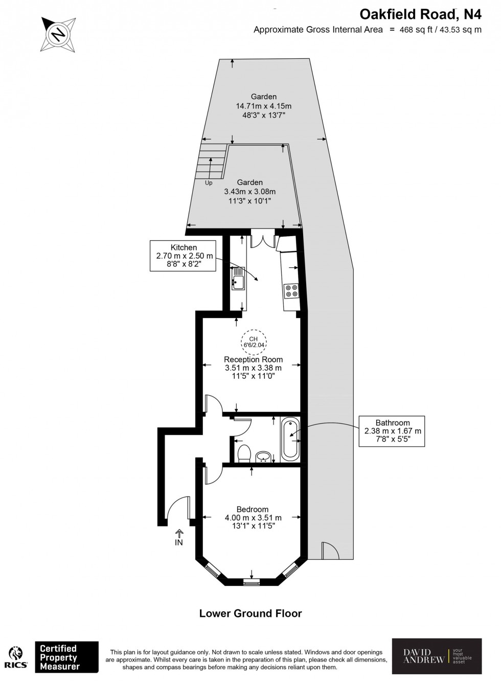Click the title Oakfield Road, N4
click(421, 13)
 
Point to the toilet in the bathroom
click(244, 453)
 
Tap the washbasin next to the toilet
click(264, 456)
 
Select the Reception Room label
click(253, 359)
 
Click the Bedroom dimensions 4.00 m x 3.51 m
click(253, 518)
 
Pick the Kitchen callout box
click(184, 256)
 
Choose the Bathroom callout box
click(393, 430)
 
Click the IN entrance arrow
click(179, 538)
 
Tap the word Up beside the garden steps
click(209, 183)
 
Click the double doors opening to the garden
click(263, 240)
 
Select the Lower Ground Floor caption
click(250, 613)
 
